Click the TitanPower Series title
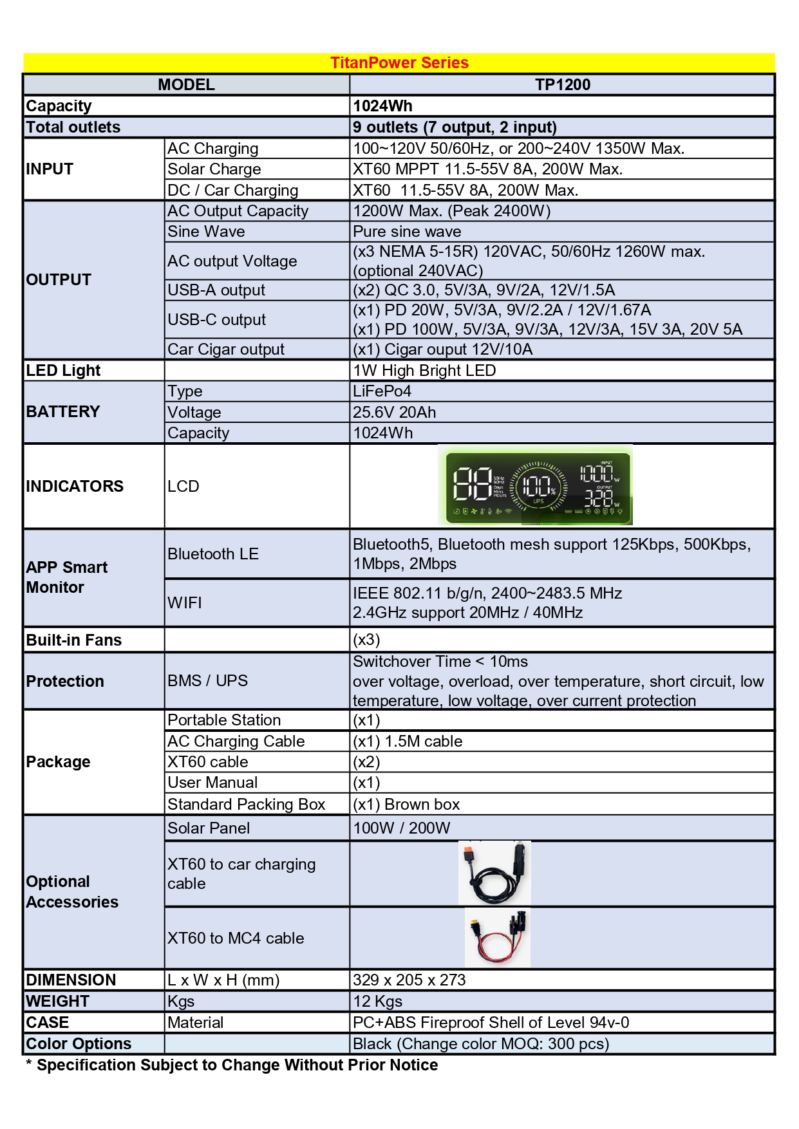[x=399, y=63]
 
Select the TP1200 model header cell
[x=562, y=85]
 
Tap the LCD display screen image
[x=535, y=486]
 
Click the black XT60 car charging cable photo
[x=494, y=873]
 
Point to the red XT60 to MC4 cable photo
[x=497, y=938]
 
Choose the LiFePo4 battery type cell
[x=382, y=391]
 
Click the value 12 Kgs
[x=377, y=1002]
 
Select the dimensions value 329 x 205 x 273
[x=409, y=980]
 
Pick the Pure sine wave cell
[x=407, y=232]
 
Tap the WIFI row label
[x=185, y=603]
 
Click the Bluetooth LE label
[x=213, y=554]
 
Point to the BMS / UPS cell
[x=207, y=681]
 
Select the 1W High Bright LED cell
[x=424, y=371]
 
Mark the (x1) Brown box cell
[x=406, y=805]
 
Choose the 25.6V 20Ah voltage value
[x=394, y=413]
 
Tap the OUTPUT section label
[x=59, y=280]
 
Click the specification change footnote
[x=232, y=1065]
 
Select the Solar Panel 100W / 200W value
[x=401, y=828]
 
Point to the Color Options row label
[x=79, y=1044]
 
